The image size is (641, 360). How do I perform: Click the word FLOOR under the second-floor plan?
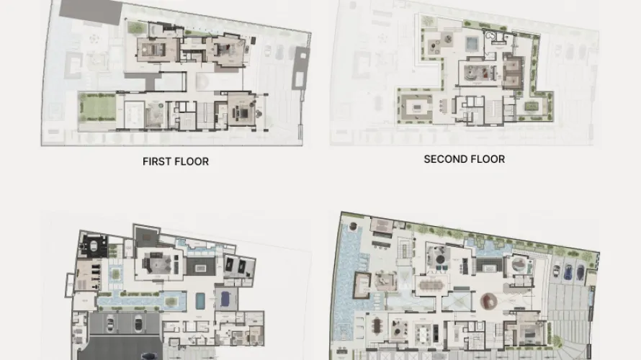click(x=488, y=159)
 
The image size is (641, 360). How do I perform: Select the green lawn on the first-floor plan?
click(x=97, y=107)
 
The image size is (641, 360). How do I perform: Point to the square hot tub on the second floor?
click(x=471, y=42)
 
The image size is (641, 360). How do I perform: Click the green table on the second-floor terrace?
click(x=532, y=107)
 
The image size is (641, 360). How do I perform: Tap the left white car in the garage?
click(x=110, y=323)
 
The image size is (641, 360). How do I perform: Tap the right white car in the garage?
click(x=138, y=323)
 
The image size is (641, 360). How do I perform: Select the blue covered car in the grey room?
click(x=225, y=300)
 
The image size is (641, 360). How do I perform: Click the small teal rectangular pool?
click(x=200, y=301)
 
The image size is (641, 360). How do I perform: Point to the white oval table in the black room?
click(x=94, y=246)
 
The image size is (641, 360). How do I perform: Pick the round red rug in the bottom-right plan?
click(x=488, y=302)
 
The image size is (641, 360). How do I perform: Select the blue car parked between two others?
click(x=568, y=271)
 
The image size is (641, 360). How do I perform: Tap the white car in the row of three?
click(x=557, y=271)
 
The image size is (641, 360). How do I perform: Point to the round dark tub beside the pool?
click(x=353, y=226)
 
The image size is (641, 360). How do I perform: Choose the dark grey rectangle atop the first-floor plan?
click(x=91, y=12)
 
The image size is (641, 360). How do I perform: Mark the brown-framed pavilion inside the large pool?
click(x=362, y=285)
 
